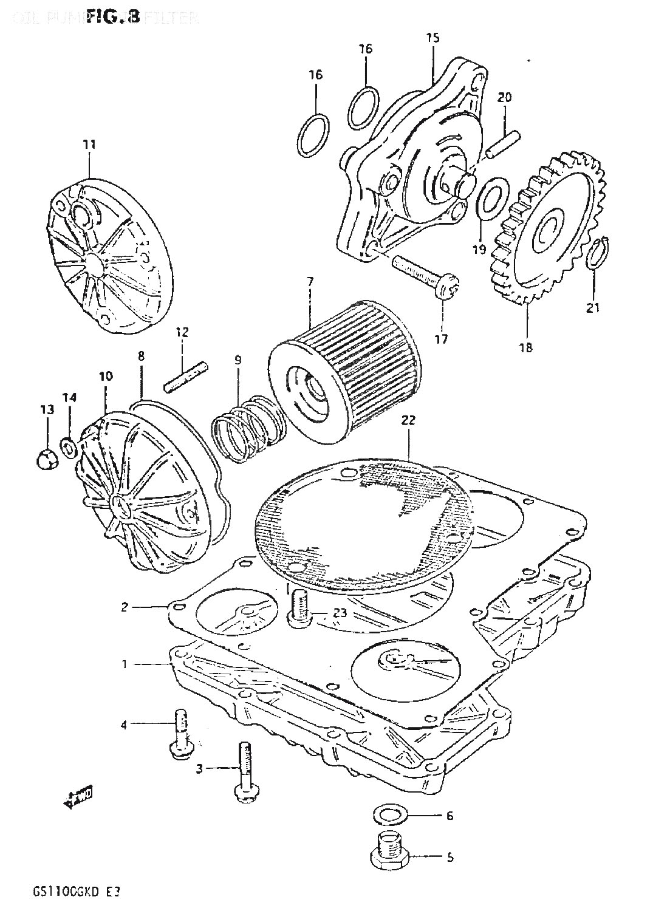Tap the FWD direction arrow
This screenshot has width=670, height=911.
coord(78,799)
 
